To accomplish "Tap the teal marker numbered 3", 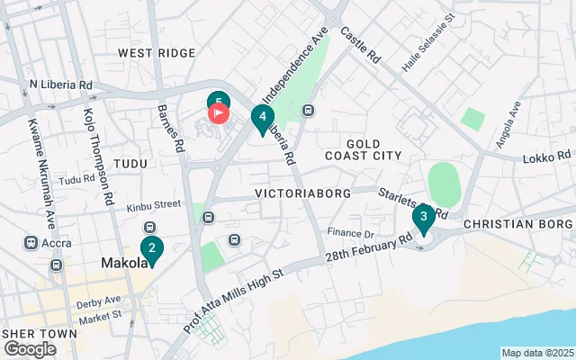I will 423,217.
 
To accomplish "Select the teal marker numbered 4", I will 262,117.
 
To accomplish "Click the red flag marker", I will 219,113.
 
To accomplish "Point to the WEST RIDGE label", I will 157,54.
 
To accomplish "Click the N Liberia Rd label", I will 60,85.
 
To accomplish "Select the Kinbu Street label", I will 148,205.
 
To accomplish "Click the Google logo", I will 31,349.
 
